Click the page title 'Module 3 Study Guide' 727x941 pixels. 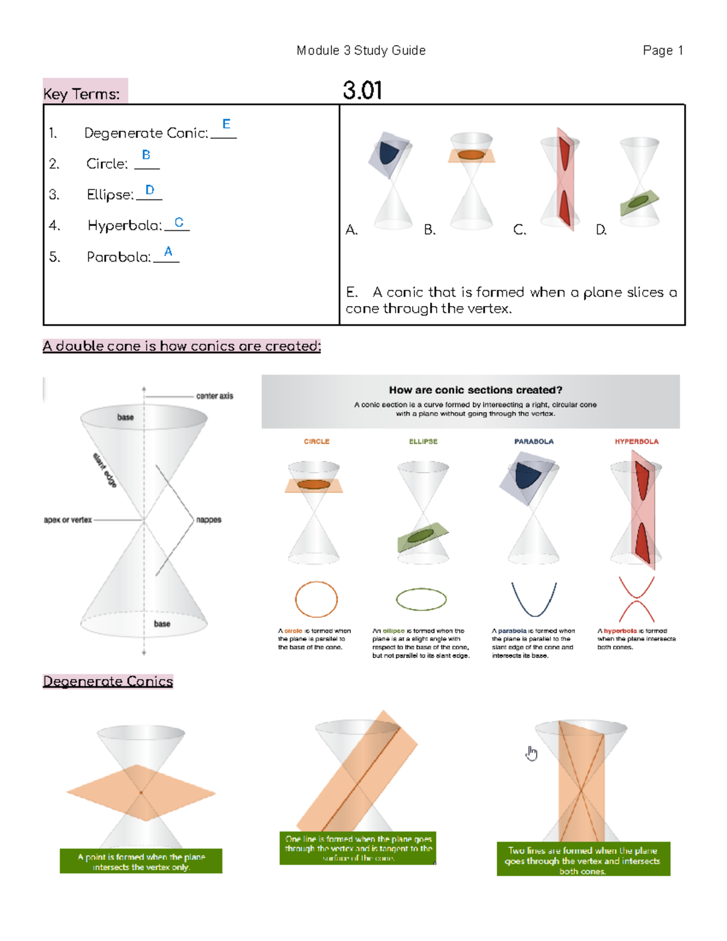point(360,50)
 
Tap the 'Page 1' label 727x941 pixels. point(663,50)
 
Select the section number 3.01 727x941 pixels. point(362,91)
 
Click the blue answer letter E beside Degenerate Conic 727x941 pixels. point(226,124)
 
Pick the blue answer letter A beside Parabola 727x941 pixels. point(168,251)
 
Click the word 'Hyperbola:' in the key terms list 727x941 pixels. point(125,226)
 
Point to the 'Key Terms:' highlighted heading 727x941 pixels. point(82,94)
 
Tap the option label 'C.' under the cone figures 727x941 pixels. point(519,230)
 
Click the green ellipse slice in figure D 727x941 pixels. point(637,202)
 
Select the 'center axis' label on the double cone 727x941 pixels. point(214,396)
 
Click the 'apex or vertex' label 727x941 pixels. point(68,520)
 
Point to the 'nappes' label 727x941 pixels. point(208,520)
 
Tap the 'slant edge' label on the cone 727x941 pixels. point(105,470)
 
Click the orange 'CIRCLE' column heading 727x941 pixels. point(316,442)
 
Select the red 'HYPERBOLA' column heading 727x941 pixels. point(636,442)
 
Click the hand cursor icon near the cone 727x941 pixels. point(531,753)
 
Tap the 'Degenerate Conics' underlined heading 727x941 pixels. point(108,682)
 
